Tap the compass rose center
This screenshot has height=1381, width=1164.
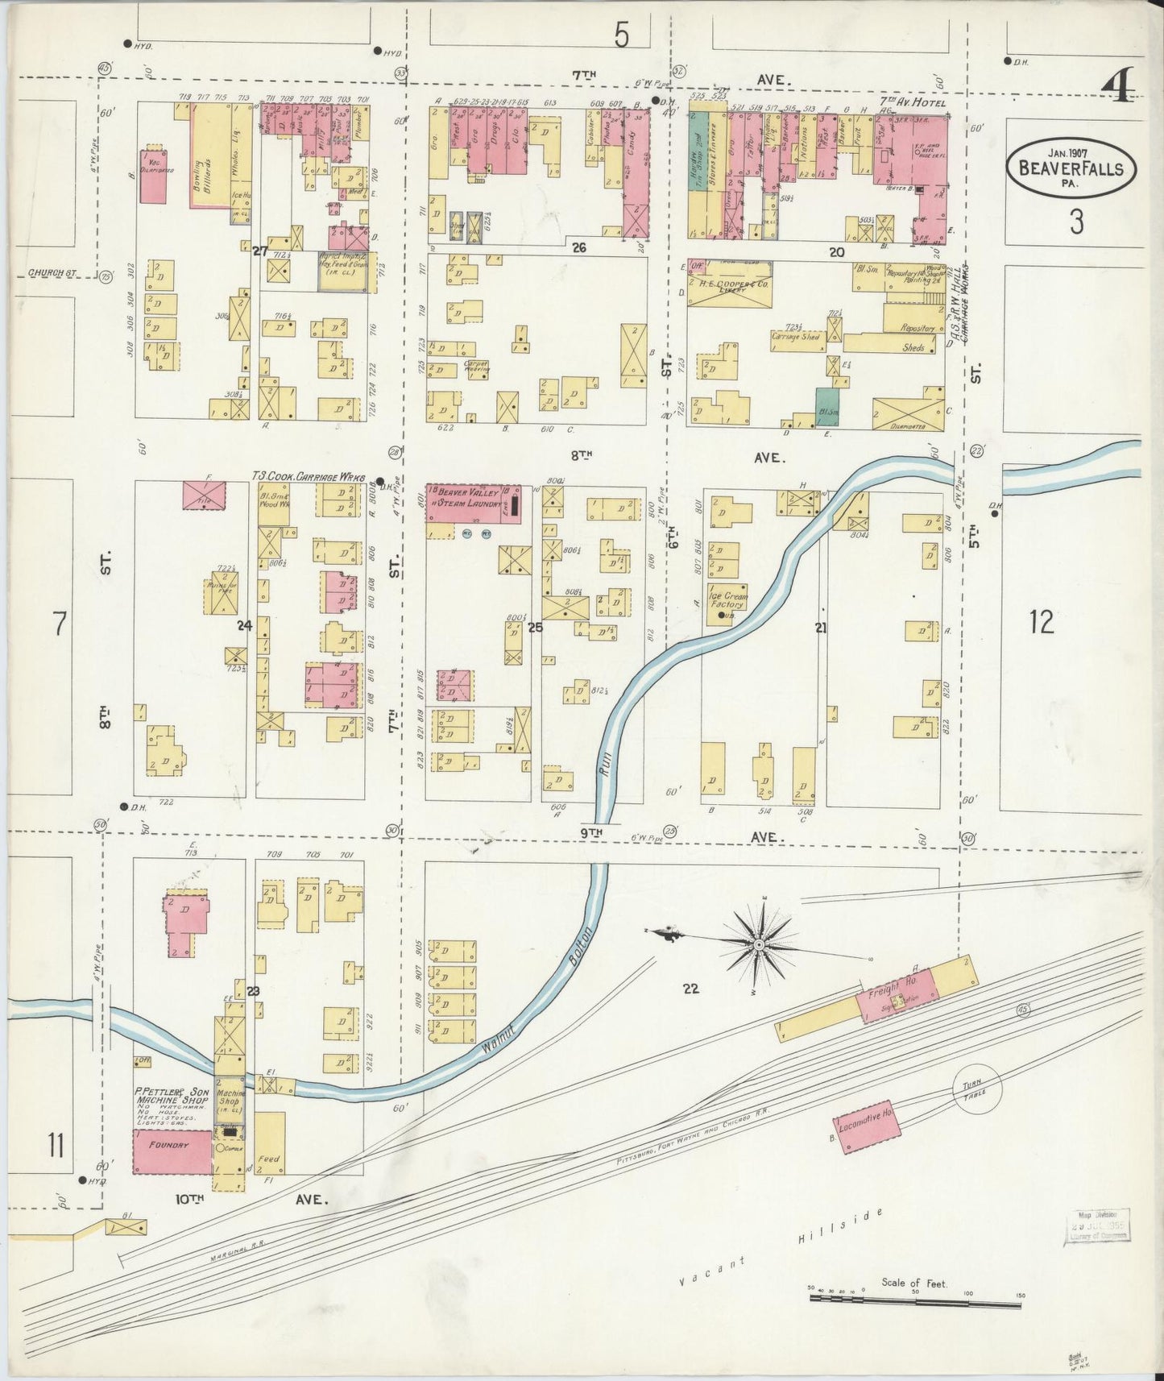coord(759,943)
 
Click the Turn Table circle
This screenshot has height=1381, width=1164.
coord(977,1086)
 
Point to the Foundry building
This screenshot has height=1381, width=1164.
coord(172,1151)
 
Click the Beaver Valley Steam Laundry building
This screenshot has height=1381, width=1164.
coord(473,505)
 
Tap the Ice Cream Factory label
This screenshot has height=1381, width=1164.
coord(727,600)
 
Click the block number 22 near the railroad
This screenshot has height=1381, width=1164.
coord(690,989)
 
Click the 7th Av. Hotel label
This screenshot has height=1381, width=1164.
coord(913,102)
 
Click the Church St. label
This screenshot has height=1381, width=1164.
coord(51,272)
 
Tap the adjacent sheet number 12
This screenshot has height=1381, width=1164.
coord(1041,622)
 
